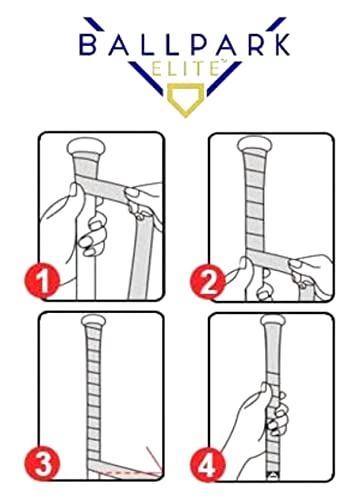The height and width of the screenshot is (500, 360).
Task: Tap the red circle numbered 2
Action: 207,281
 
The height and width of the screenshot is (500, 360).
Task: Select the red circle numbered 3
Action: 43,464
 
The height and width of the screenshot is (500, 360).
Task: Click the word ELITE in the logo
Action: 184,68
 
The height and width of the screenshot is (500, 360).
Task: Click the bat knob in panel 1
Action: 86,147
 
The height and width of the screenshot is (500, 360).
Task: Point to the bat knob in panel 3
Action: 94,321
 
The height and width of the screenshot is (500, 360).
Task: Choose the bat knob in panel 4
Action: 273,321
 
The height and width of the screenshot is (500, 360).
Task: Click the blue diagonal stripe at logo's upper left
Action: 93,23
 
